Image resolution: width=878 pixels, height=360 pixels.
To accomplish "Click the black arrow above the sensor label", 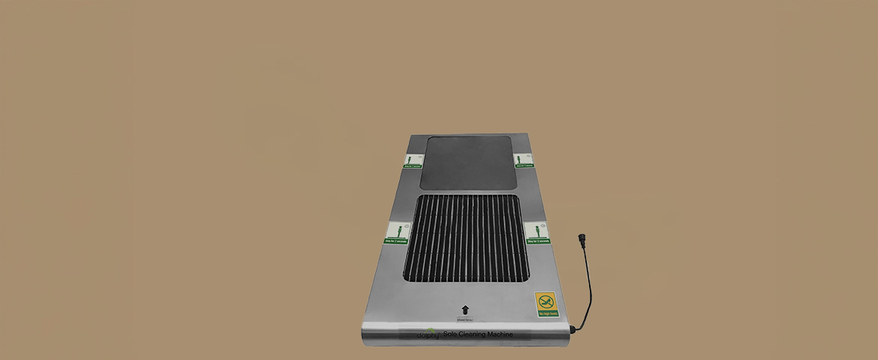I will [465, 309].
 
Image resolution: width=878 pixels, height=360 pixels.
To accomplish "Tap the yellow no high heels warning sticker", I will [546, 304].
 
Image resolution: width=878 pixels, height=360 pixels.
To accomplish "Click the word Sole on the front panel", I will [450, 334].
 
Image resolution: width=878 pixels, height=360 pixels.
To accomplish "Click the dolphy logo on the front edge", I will [428, 334].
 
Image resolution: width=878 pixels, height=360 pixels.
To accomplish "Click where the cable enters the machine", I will [572, 328].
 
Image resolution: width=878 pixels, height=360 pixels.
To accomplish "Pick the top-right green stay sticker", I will [524, 160].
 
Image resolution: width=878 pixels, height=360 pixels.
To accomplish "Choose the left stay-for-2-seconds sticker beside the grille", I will [395, 232].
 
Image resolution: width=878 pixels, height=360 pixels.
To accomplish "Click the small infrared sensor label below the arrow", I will [465, 319].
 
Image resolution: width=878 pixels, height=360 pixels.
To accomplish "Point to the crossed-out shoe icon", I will [546, 301].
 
